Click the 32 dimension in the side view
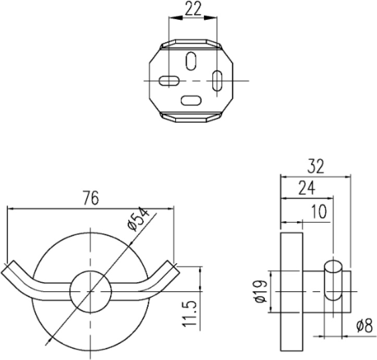pyautogui.click(x=315, y=167)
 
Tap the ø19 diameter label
pyautogui.click(x=260, y=292)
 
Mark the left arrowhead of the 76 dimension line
pyautogui.click(x=10, y=208)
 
